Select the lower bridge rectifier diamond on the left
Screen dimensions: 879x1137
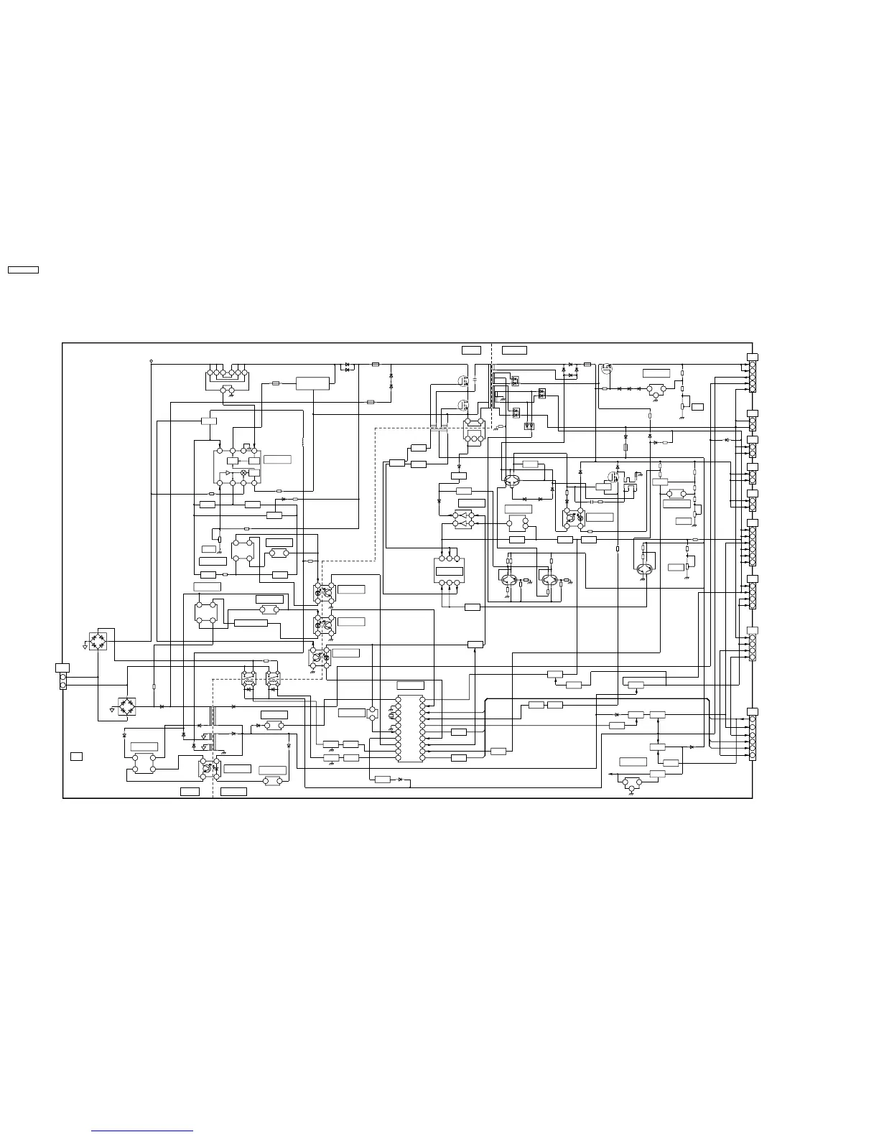(x=127, y=705)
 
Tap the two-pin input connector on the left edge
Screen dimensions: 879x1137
(x=62, y=680)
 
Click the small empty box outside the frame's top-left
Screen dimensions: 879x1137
(x=23, y=270)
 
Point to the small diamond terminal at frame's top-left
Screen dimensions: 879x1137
(x=151, y=360)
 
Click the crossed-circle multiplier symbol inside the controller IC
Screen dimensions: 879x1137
(x=243, y=473)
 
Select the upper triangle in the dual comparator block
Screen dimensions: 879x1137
(x=465, y=515)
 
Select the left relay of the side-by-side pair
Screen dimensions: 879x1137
(x=249, y=679)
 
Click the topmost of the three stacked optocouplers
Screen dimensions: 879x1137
(x=324, y=591)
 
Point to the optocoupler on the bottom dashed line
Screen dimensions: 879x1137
(x=209, y=768)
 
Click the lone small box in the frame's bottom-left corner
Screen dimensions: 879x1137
(x=76, y=756)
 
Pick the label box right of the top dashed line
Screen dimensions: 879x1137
(x=514, y=350)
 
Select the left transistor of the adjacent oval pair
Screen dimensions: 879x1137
(x=508, y=580)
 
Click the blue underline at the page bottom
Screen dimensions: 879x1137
(x=142, y=1131)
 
